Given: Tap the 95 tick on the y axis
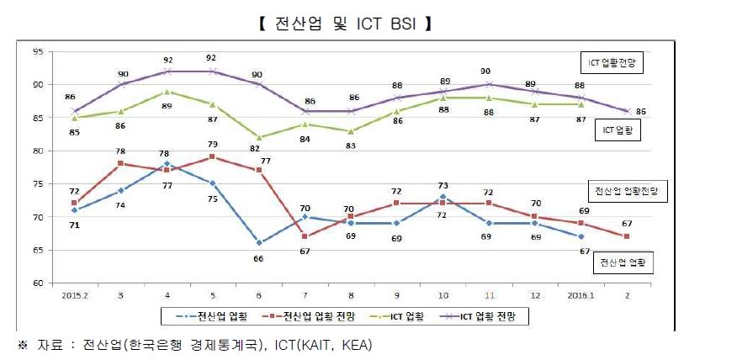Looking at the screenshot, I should point(38,51).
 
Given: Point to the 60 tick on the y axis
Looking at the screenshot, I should point(38,283).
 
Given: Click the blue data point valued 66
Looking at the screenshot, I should point(257,243).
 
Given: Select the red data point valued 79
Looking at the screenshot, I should point(212,156).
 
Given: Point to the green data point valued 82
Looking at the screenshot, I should point(257,137).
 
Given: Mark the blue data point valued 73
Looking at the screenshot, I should point(444,197).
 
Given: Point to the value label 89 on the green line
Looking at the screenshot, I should point(167,105).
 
